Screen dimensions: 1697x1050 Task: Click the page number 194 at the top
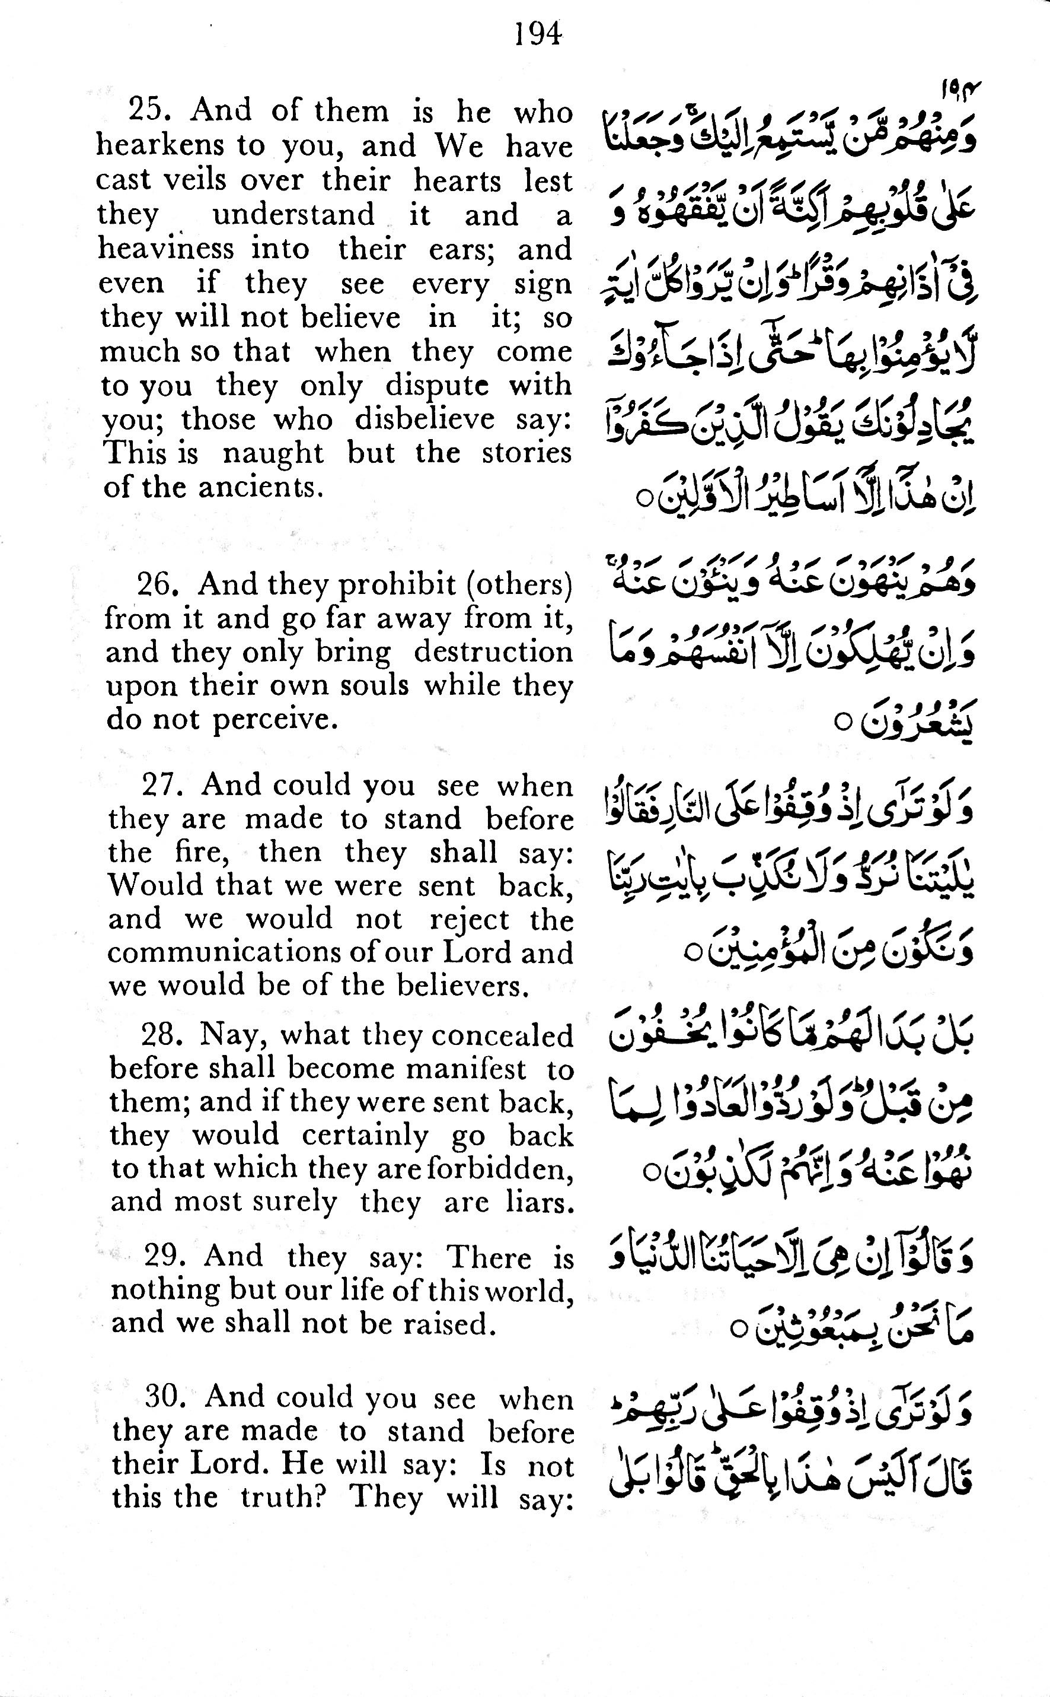pos(538,33)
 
